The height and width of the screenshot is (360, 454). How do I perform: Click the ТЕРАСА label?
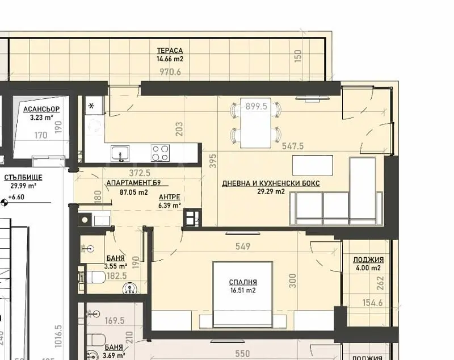click(x=170, y=51)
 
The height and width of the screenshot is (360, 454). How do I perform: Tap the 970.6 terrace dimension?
click(x=170, y=72)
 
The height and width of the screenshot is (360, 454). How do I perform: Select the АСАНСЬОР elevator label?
click(x=41, y=109)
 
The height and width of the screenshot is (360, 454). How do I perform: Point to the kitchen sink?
click(x=120, y=153)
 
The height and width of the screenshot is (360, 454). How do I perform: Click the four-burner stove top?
click(x=160, y=152)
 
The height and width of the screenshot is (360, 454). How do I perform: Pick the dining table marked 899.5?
click(x=255, y=123)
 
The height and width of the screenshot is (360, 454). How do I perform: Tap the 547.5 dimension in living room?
click(x=293, y=146)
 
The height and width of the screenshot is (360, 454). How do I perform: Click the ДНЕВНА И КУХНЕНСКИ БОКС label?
click(x=271, y=183)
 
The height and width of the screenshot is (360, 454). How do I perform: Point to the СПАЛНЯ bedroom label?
click(x=243, y=282)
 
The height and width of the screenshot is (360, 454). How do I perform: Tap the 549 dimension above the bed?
click(x=243, y=248)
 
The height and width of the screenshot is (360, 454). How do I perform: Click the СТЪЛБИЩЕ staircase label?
click(x=23, y=177)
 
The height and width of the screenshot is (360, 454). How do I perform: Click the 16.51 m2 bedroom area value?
click(x=243, y=291)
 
